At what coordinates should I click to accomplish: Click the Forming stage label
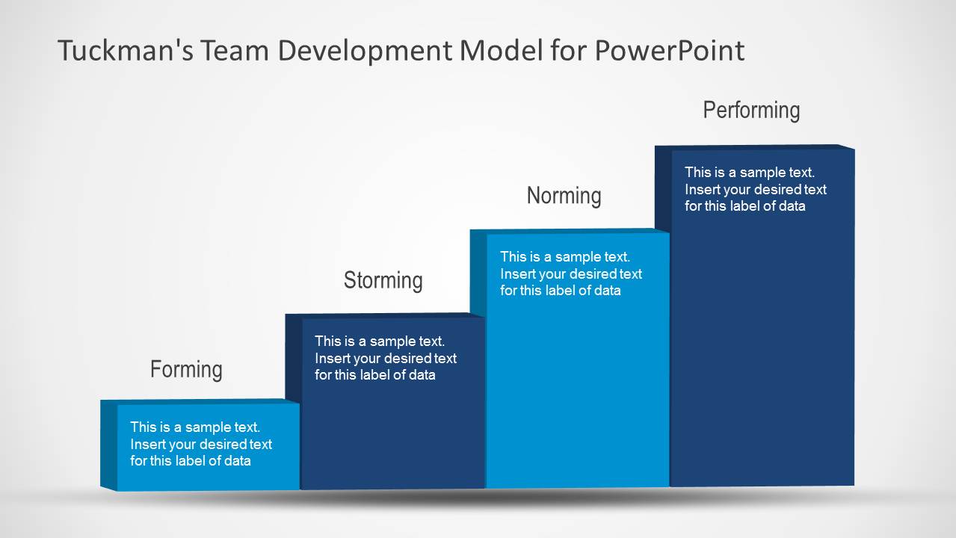(186, 369)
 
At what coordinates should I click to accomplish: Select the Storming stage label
(383, 280)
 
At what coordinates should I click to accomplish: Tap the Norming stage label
(564, 196)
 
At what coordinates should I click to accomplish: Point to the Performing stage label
(751, 111)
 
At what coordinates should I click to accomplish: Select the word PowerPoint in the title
(669, 51)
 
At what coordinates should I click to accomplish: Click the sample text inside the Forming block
(200, 444)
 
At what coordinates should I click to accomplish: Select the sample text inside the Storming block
(385, 358)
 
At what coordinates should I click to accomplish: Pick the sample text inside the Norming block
(570, 273)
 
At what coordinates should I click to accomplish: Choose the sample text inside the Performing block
(755, 189)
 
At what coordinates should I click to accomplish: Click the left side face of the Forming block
(108, 445)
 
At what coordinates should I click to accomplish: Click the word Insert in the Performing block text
(703, 190)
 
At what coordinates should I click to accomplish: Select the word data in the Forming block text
(235, 461)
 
